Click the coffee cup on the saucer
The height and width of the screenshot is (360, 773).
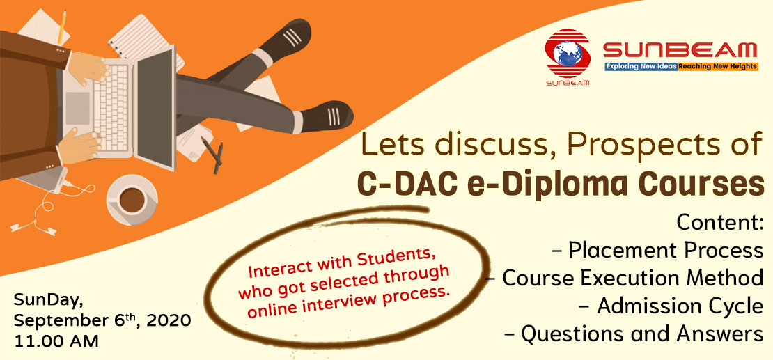[x=132, y=199]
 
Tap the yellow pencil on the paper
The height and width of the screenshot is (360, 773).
[x=62, y=26]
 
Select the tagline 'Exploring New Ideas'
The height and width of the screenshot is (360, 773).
[x=641, y=65]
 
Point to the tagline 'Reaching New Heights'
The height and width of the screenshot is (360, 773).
[x=717, y=65]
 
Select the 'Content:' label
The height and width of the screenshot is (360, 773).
[x=720, y=222]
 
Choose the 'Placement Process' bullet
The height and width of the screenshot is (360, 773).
[x=659, y=251]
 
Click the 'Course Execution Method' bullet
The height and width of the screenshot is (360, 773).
[x=625, y=279]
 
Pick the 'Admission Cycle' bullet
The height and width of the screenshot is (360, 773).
[x=671, y=306]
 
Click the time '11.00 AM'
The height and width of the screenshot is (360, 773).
[x=56, y=341]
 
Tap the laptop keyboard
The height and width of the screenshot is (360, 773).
[x=111, y=106]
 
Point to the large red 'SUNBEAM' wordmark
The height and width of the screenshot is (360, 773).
[x=680, y=51]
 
